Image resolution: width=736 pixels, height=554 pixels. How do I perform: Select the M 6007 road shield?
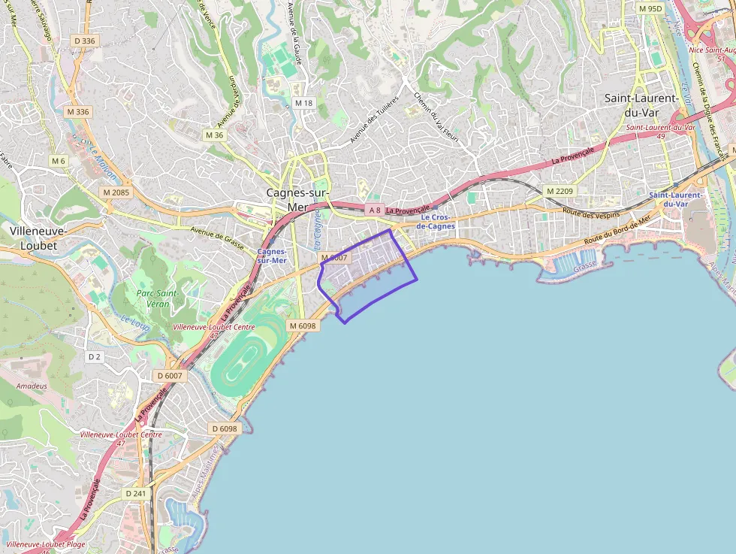(334, 258)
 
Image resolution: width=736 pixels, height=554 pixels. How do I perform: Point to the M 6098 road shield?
(303, 325)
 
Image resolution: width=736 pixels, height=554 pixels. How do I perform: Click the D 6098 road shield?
(225, 428)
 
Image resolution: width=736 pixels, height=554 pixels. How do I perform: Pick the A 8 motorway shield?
(375, 210)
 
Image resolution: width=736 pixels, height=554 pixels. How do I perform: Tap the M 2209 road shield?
(560, 191)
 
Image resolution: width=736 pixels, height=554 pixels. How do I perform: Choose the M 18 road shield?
(303, 103)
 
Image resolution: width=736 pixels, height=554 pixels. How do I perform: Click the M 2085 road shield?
(116, 192)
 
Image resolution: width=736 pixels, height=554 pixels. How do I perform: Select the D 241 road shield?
(136, 493)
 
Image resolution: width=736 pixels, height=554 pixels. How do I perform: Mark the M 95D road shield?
(650, 8)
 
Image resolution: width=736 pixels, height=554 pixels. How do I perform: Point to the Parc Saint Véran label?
(156, 298)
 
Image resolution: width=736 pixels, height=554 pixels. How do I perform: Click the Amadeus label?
(32, 386)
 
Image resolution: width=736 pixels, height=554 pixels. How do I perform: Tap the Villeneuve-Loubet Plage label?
(45, 544)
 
